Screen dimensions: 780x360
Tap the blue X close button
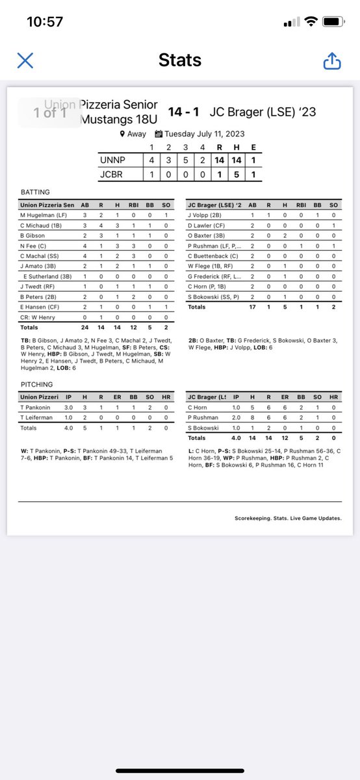25,61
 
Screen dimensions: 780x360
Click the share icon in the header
331,61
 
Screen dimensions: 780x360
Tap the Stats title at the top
179,61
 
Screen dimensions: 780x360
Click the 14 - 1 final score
184,112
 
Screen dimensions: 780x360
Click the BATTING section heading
34,192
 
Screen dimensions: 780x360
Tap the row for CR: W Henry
36,318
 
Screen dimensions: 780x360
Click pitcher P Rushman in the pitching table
203,417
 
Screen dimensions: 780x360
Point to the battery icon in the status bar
333,21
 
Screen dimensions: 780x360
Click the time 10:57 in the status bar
45,21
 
